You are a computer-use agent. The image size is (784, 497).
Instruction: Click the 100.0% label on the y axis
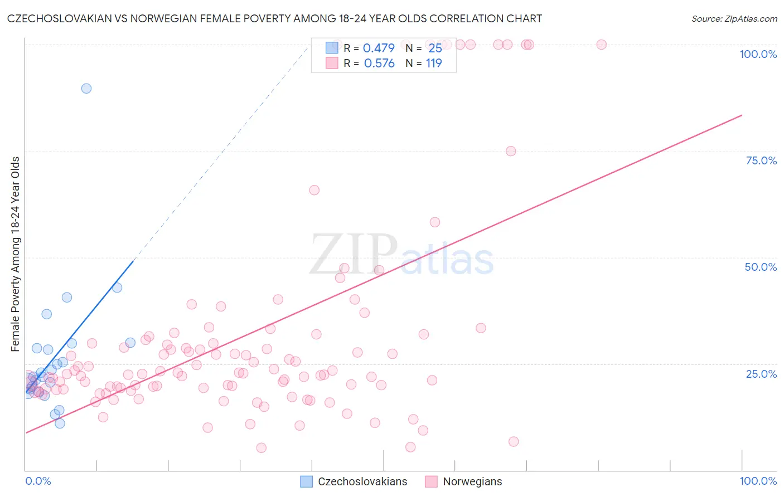[x=758, y=54]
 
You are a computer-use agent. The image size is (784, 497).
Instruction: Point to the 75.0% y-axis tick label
[x=761, y=160]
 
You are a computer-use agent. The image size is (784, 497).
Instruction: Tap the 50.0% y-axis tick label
[x=761, y=267]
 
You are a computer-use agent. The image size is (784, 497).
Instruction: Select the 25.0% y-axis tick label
[x=761, y=373]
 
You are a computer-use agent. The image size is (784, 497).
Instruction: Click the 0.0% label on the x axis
[x=38, y=481]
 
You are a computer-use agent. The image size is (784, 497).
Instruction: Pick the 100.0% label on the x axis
[x=758, y=481]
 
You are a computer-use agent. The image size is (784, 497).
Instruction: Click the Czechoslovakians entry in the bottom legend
[x=354, y=481]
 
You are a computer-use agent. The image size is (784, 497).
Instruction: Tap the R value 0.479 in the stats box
[x=379, y=48]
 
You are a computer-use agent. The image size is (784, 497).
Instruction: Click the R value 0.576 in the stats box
[x=379, y=64]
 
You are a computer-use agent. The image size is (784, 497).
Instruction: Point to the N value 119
[x=434, y=64]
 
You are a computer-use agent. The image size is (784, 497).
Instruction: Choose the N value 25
[x=435, y=48]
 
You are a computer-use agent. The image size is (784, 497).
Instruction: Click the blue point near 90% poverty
[x=86, y=88]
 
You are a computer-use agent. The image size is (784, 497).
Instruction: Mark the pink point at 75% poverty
[x=511, y=151]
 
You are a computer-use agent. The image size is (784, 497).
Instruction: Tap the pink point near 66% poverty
[x=314, y=190]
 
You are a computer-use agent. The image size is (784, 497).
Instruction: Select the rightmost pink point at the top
[x=601, y=45]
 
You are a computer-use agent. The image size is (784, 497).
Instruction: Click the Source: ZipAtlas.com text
[x=734, y=18]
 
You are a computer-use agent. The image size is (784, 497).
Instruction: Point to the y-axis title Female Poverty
[x=15, y=254]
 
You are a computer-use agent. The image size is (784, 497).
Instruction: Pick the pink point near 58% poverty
[x=435, y=222]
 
